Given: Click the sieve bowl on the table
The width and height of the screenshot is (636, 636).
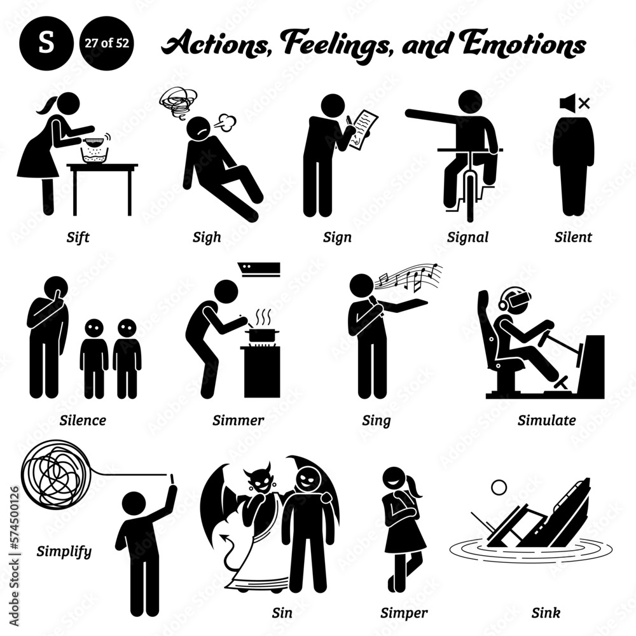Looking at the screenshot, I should click(95, 148).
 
